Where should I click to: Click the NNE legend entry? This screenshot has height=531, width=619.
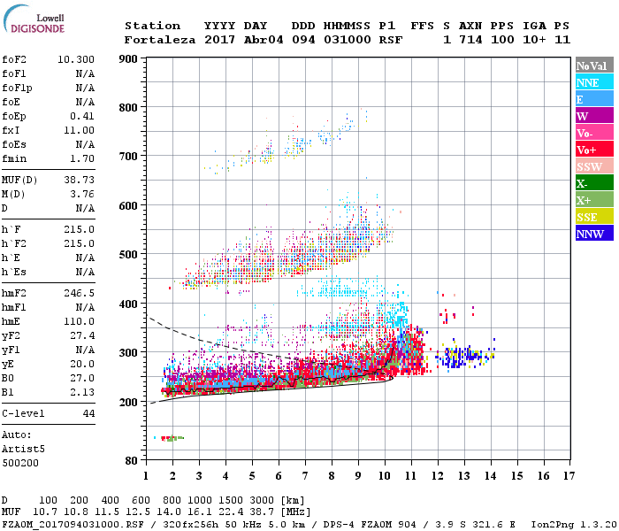click(x=593, y=82)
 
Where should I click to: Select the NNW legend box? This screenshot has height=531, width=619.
click(x=593, y=234)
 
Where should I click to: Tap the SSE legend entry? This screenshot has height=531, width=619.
click(x=593, y=217)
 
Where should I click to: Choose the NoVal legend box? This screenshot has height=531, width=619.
click(x=593, y=65)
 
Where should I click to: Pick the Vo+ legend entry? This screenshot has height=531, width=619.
click(x=593, y=150)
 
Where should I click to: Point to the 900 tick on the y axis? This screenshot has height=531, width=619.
click(x=128, y=59)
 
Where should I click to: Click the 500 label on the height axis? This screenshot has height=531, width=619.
click(x=128, y=255)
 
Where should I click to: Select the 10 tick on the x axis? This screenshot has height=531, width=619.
click(x=384, y=476)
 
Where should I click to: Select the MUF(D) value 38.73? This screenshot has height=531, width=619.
click(x=79, y=180)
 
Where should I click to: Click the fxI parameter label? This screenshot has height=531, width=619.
click(x=12, y=130)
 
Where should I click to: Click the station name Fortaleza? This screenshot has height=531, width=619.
click(x=160, y=40)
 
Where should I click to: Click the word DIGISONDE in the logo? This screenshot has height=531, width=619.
click(x=34, y=27)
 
